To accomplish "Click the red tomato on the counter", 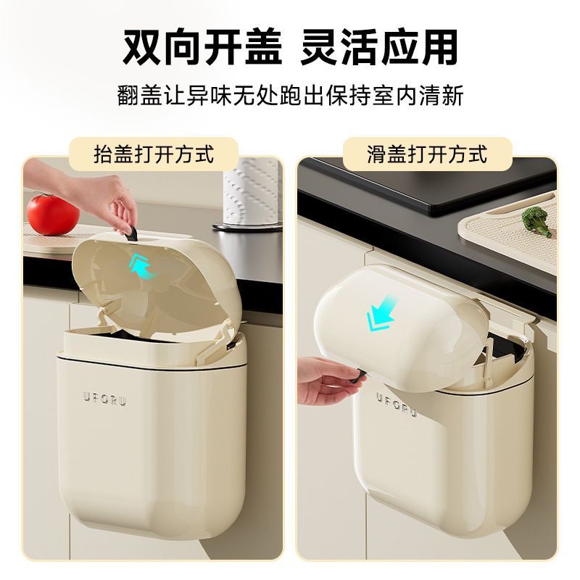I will click(x=52, y=213).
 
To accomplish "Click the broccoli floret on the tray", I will click(x=536, y=219).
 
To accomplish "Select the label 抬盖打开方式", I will click(x=154, y=154).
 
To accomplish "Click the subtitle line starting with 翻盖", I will click(x=290, y=96).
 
